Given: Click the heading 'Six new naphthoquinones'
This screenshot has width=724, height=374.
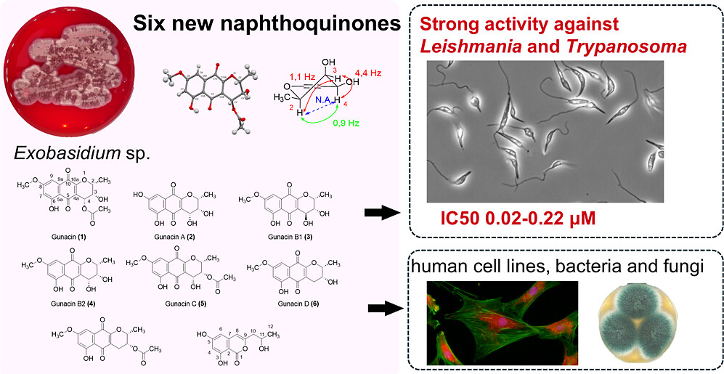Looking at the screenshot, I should click(267, 25).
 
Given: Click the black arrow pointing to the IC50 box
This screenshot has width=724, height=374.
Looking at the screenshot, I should click(380, 213).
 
